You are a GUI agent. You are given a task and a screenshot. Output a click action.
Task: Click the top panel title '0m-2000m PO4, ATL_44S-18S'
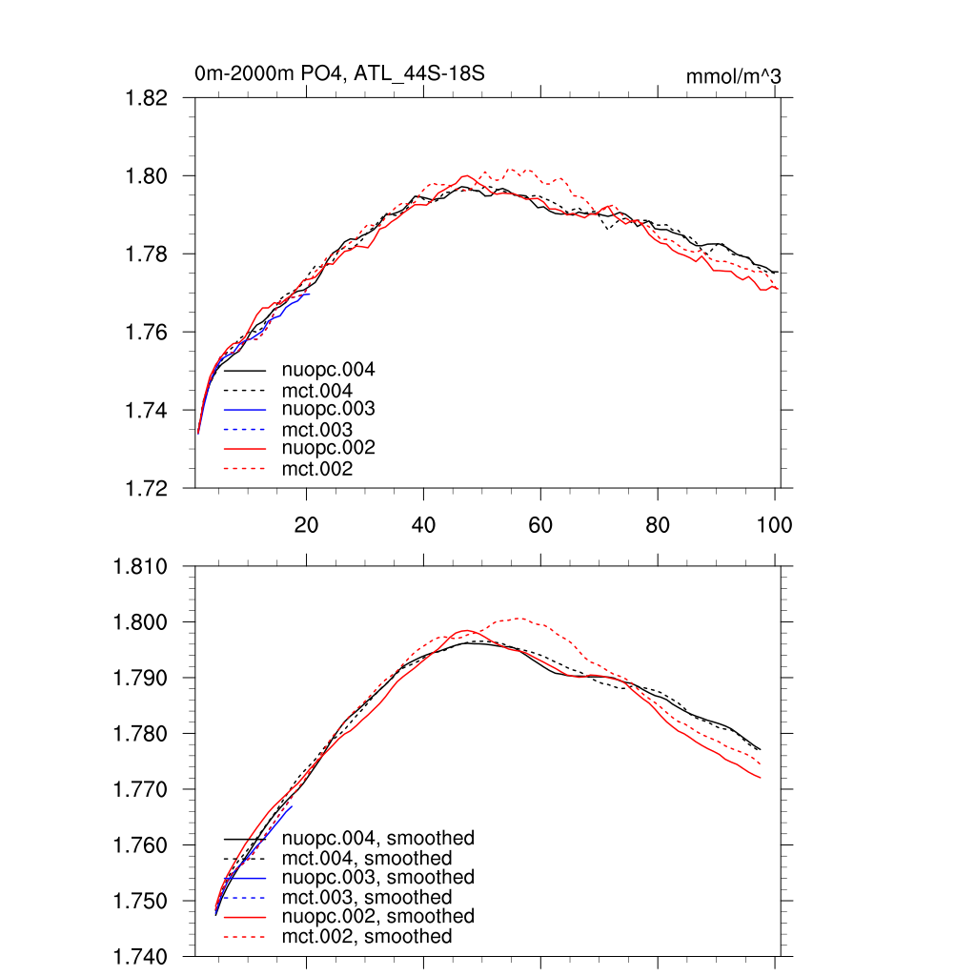345,73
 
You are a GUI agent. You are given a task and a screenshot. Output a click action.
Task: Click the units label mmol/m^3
733,76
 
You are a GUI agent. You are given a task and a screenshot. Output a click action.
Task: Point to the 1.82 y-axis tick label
148,98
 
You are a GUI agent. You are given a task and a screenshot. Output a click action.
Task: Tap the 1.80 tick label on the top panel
148,176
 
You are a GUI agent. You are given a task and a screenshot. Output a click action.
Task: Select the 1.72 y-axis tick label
148,488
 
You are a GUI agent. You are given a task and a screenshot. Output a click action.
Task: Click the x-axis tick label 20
306,525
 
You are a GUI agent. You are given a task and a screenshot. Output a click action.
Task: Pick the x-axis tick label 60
540,525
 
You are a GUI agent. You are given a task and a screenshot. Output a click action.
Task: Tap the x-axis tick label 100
774,525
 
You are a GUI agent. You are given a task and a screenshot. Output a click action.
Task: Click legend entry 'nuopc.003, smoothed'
377,877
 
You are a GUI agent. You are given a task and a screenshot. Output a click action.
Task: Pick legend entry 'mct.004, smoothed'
367,859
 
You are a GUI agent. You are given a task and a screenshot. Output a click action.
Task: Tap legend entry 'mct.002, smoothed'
367,937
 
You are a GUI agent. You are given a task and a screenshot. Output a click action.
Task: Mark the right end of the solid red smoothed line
760,778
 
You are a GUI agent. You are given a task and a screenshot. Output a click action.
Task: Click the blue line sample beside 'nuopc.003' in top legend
245,409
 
